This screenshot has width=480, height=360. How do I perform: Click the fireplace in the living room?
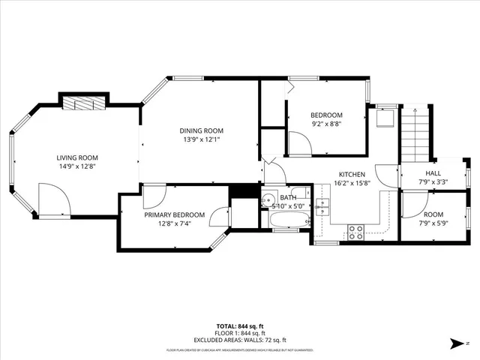click(84, 103)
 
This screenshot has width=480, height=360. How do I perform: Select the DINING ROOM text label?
click(200, 129)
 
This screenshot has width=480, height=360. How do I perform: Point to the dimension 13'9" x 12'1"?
click(200, 139)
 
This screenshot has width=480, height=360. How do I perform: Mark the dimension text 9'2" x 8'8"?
click(326, 124)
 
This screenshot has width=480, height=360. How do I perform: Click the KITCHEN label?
click(352, 174)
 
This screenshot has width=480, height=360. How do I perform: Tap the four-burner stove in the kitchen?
click(355, 232)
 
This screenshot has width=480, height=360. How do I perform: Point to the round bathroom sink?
click(268, 200)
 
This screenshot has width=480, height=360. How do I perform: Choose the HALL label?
click(433, 173)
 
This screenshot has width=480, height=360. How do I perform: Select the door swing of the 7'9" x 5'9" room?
click(412, 202)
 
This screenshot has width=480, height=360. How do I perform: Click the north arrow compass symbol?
click(456, 344)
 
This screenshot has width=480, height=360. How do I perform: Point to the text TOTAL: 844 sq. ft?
click(239, 326)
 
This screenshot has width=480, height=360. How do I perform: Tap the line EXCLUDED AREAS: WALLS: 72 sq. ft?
click(239, 339)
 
